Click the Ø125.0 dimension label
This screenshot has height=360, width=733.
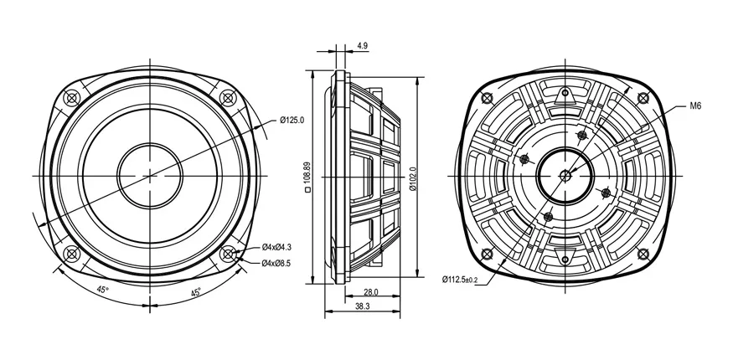[292, 120]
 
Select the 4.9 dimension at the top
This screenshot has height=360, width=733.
[362, 45]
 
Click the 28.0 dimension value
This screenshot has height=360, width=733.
[371, 292]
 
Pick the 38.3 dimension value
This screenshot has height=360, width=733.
[363, 306]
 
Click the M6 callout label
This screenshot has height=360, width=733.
[695, 106]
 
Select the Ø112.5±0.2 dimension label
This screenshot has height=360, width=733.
[460, 280]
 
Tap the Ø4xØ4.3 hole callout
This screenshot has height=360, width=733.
[276, 246]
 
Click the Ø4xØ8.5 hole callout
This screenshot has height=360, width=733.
[276, 263]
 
